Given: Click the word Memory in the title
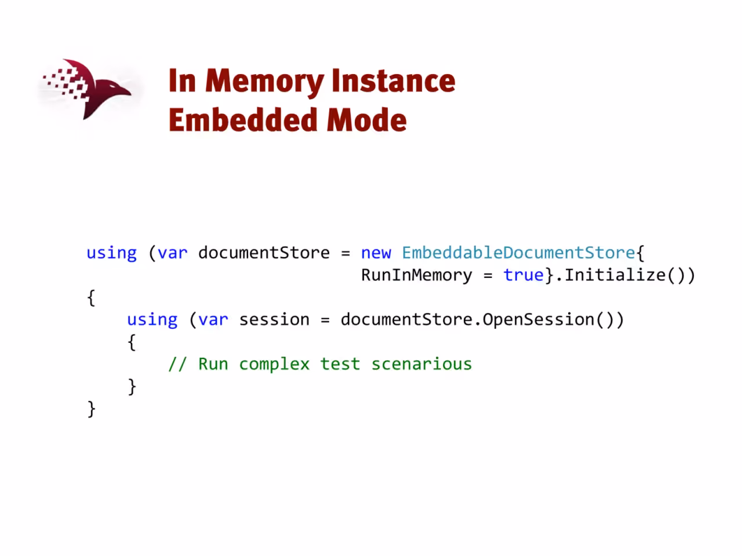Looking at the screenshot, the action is click(x=264, y=82).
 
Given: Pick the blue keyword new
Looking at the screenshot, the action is click(x=376, y=253).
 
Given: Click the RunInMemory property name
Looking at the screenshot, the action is click(x=416, y=275).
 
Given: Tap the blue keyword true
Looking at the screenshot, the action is click(x=523, y=275).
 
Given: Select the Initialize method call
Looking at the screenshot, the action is click(x=615, y=275).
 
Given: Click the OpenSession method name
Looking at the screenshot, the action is click(x=538, y=320).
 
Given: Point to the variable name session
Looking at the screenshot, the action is click(x=274, y=320).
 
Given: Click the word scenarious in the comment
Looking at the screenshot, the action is click(x=421, y=364).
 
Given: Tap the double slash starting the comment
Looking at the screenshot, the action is click(x=177, y=364).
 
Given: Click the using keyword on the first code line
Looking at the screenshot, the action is click(x=111, y=253).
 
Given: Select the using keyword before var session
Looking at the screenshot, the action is click(x=152, y=320).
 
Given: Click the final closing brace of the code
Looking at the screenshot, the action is click(x=91, y=409).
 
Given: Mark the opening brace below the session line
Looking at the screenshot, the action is click(x=132, y=342).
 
